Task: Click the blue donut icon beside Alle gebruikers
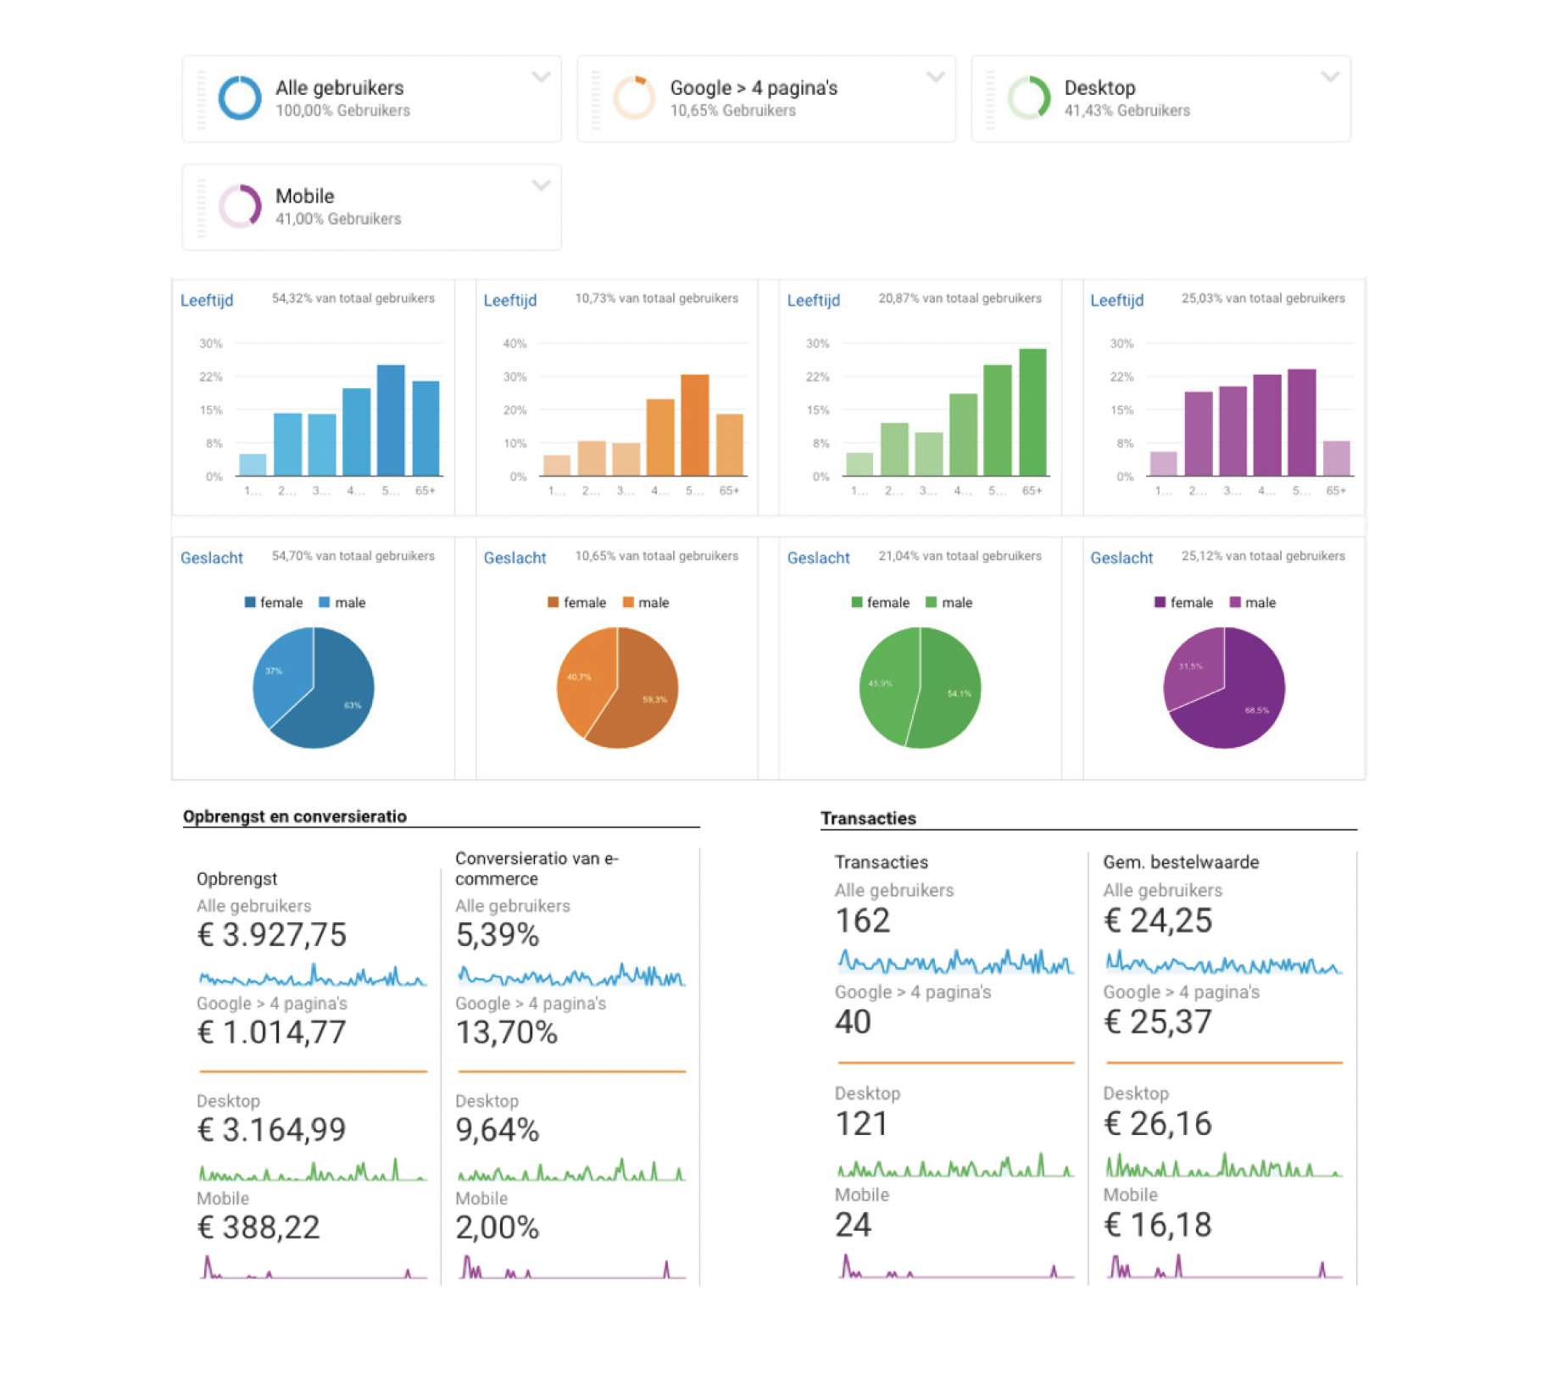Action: (240, 98)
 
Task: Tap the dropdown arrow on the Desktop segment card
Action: (1330, 77)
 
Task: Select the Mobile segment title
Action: (304, 196)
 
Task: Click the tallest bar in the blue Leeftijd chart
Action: (391, 420)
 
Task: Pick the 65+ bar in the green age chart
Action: (1032, 412)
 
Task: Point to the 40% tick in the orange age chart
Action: (515, 343)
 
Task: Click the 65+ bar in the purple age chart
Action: (1336, 459)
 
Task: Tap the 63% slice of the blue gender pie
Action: (339, 699)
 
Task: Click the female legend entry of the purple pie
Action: (1183, 603)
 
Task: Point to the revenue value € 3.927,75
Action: (272, 935)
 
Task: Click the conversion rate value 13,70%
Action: (506, 1032)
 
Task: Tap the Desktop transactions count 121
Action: (861, 1124)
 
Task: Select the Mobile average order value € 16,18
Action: (1157, 1225)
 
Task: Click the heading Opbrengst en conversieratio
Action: (295, 816)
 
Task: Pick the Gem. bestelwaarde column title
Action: (1181, 862)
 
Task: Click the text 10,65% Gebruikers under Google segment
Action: (732, 111)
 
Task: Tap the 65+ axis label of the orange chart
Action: (729, 491)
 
